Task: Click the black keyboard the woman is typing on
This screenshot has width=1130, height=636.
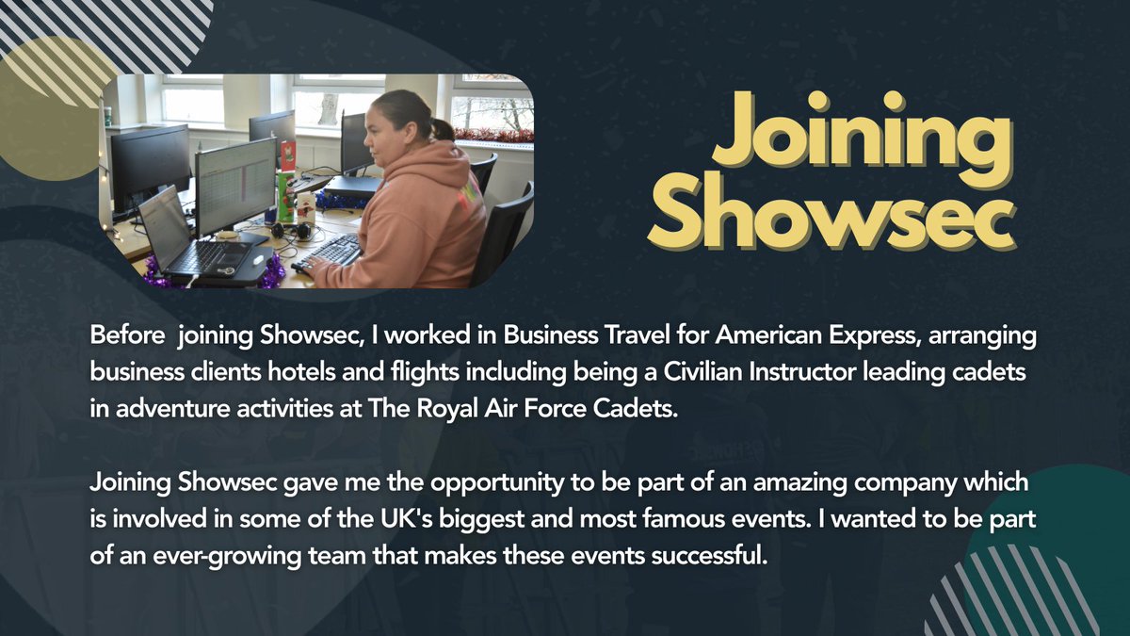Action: point(329,253)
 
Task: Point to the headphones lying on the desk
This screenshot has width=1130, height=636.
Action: point(286,230)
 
